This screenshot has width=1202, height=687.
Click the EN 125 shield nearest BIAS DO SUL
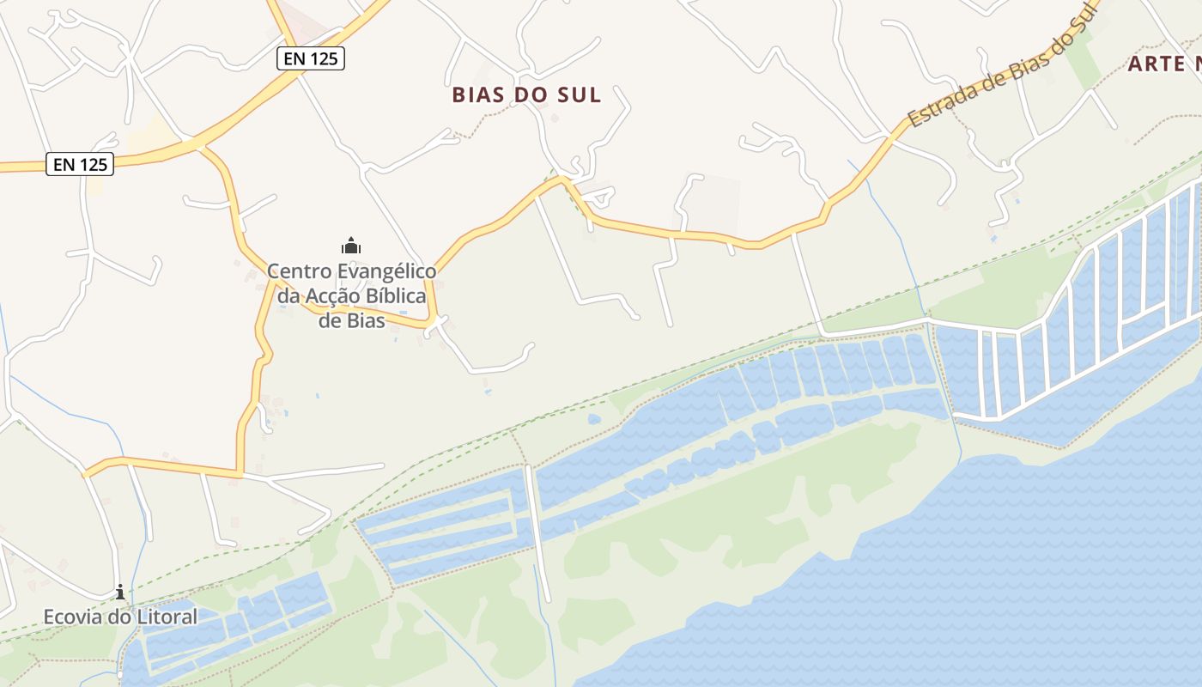(x=311, y=58)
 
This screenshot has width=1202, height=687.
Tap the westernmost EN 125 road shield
(x=80, y=164)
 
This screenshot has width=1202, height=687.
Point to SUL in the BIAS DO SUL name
(x=580, y=94)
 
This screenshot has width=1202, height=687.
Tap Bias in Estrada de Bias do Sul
(x=1021, y=55)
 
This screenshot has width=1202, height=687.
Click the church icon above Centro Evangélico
(x=350, y=246)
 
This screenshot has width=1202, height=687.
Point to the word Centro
(x=299, y=271)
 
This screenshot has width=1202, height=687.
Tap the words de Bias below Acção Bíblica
(x=351, y=321)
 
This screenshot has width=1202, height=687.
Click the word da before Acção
(x=288, y=296)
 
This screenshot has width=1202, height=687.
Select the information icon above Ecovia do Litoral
(x=120, y=592)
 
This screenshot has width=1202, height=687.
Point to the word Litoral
(x=167, y=617)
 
